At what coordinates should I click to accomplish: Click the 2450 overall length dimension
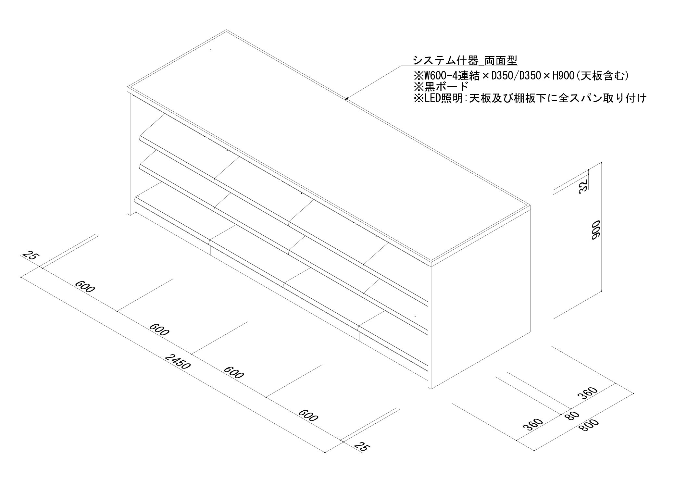(x=177, y=361)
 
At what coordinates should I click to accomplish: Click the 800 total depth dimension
(x=589, y=426)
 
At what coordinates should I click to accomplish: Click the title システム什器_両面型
(x=465, y=60)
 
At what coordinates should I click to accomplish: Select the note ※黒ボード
(x=441, y=87)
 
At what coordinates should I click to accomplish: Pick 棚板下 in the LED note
(x=525, y=98)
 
